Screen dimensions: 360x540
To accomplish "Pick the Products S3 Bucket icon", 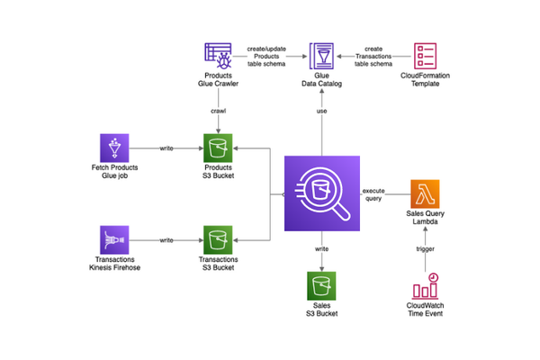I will point(218,147).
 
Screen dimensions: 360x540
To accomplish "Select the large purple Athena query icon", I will point(321,193).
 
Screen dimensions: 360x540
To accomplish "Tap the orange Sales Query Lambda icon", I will point(426,193).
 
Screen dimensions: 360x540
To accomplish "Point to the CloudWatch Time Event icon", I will point(426,285).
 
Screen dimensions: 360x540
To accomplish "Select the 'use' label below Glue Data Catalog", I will point(321,110).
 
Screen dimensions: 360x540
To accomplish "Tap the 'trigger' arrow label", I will point(427,247).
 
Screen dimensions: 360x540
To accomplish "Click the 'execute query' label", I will point(374,196).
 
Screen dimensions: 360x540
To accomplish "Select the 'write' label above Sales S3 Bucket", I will point(321,247).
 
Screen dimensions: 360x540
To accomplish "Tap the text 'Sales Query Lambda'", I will point(426,223).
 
